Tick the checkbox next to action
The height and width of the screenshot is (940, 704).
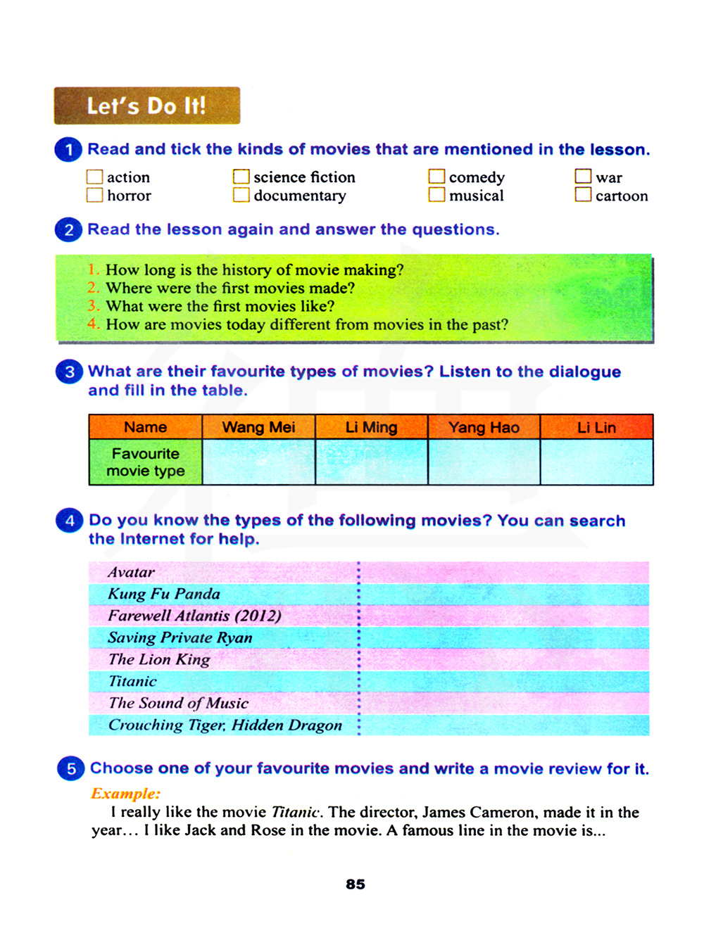(94, 177)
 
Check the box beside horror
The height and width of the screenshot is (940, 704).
(94, 195)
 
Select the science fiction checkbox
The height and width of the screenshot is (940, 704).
(241, 176)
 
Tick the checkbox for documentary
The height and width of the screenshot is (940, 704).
(241, 195)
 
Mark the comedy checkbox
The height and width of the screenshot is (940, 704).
(436, 176)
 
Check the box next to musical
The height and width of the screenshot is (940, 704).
(436, 195)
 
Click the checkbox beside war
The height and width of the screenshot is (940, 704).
(583, 176)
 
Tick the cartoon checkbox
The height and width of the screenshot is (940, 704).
(583, 195)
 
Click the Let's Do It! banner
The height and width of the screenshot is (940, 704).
(146, 106)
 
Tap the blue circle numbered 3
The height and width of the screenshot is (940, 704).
(69, 371)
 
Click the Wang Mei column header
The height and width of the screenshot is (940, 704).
(258, 427)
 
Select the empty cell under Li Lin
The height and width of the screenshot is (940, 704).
(596, 462)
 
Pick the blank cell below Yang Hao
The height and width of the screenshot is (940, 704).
(484, 462)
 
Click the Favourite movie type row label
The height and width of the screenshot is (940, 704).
(146, 462)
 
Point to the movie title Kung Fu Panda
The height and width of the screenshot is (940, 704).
(164, 594)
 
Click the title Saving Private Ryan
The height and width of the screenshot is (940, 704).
(180, 637)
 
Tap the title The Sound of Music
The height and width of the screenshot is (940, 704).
(179, 703)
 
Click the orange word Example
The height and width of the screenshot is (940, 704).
(126, 793)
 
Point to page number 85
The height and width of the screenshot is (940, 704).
(356, 884)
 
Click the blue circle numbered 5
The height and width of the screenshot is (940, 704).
(70, 768)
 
